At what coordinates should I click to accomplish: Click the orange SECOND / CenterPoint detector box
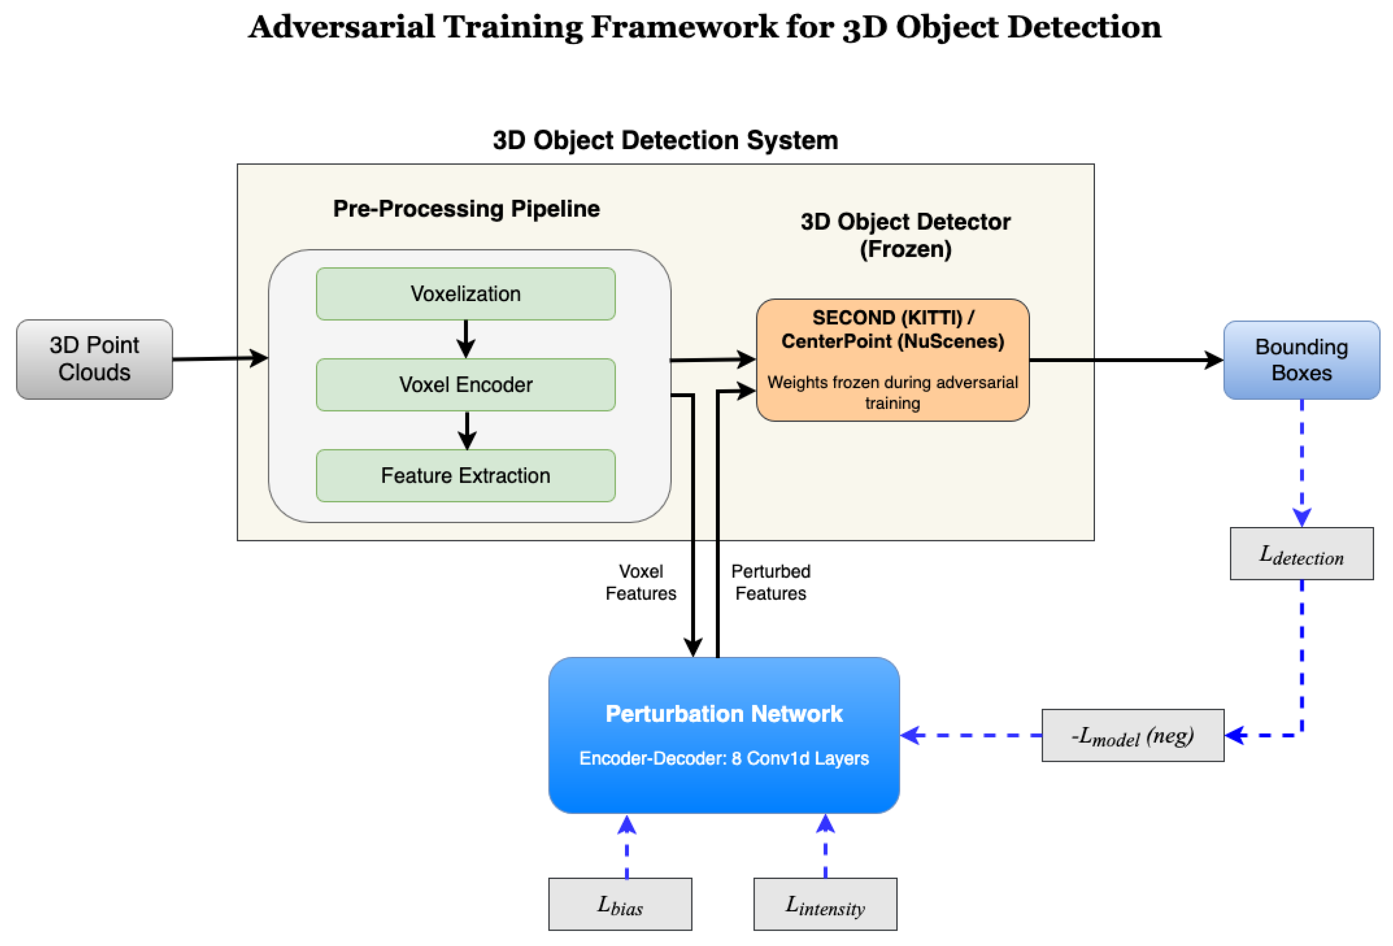click(892, 360)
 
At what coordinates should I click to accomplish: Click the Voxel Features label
click(640, 582)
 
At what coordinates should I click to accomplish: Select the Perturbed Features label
click(770, 582)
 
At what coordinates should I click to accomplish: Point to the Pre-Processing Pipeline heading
click(466, 208)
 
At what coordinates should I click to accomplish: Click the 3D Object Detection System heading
click(665, 140)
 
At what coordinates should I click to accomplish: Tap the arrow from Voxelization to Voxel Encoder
click(466, 339)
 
